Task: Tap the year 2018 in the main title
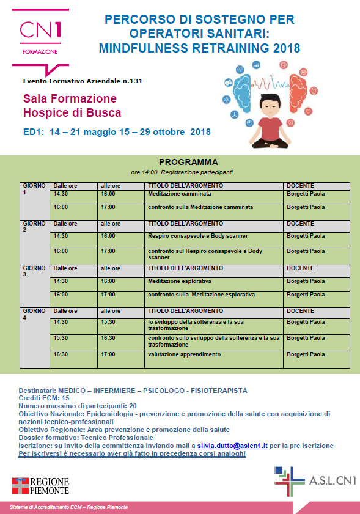pyautogui.click(x=286, y=48)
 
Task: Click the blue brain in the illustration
pyautogui.click(x=241, y=89)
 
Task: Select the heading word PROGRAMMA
pyautogui.click(x=188, y=162)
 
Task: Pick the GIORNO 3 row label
pyautogui.click(x=34, y=271)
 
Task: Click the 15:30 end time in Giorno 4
pyautogui.click(x=108, y=322)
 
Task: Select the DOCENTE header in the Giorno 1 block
pyautogui.click(x=300, y=186)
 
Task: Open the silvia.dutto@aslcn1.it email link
pyautogui.click(x=232, y=446)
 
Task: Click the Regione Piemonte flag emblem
pyautogui.click(x=20, y=485)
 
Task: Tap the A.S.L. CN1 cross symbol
pyautogui.click(x=289, y=480)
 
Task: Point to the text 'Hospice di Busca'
pyautogui.click(x=72, y=113)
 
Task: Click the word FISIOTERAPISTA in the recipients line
pyautogui.click(x=219, y=391)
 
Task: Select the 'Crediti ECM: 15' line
pyautogui.click(x=44, y=398)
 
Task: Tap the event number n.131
pyautogui.click(x=134, y=81)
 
